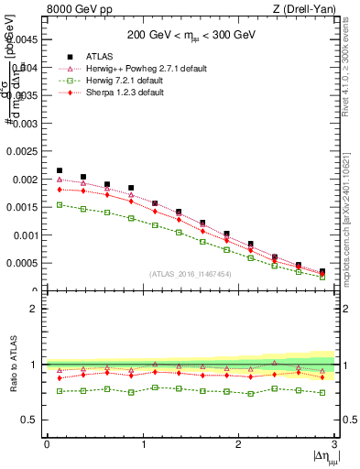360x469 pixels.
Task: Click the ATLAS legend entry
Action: tap(119, 56)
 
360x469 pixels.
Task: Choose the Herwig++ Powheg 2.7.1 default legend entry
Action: tap(149, 68)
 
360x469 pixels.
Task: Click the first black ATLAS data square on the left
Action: tap(60, 170)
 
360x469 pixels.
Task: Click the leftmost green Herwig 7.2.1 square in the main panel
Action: tap(60, 205)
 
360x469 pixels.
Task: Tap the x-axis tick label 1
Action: tap(143, 444)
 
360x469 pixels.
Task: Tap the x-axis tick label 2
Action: tap(238, 444)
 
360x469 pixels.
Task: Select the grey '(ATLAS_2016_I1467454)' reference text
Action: tap(191, 273)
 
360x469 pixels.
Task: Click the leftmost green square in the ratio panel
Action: tap(60, 391)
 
